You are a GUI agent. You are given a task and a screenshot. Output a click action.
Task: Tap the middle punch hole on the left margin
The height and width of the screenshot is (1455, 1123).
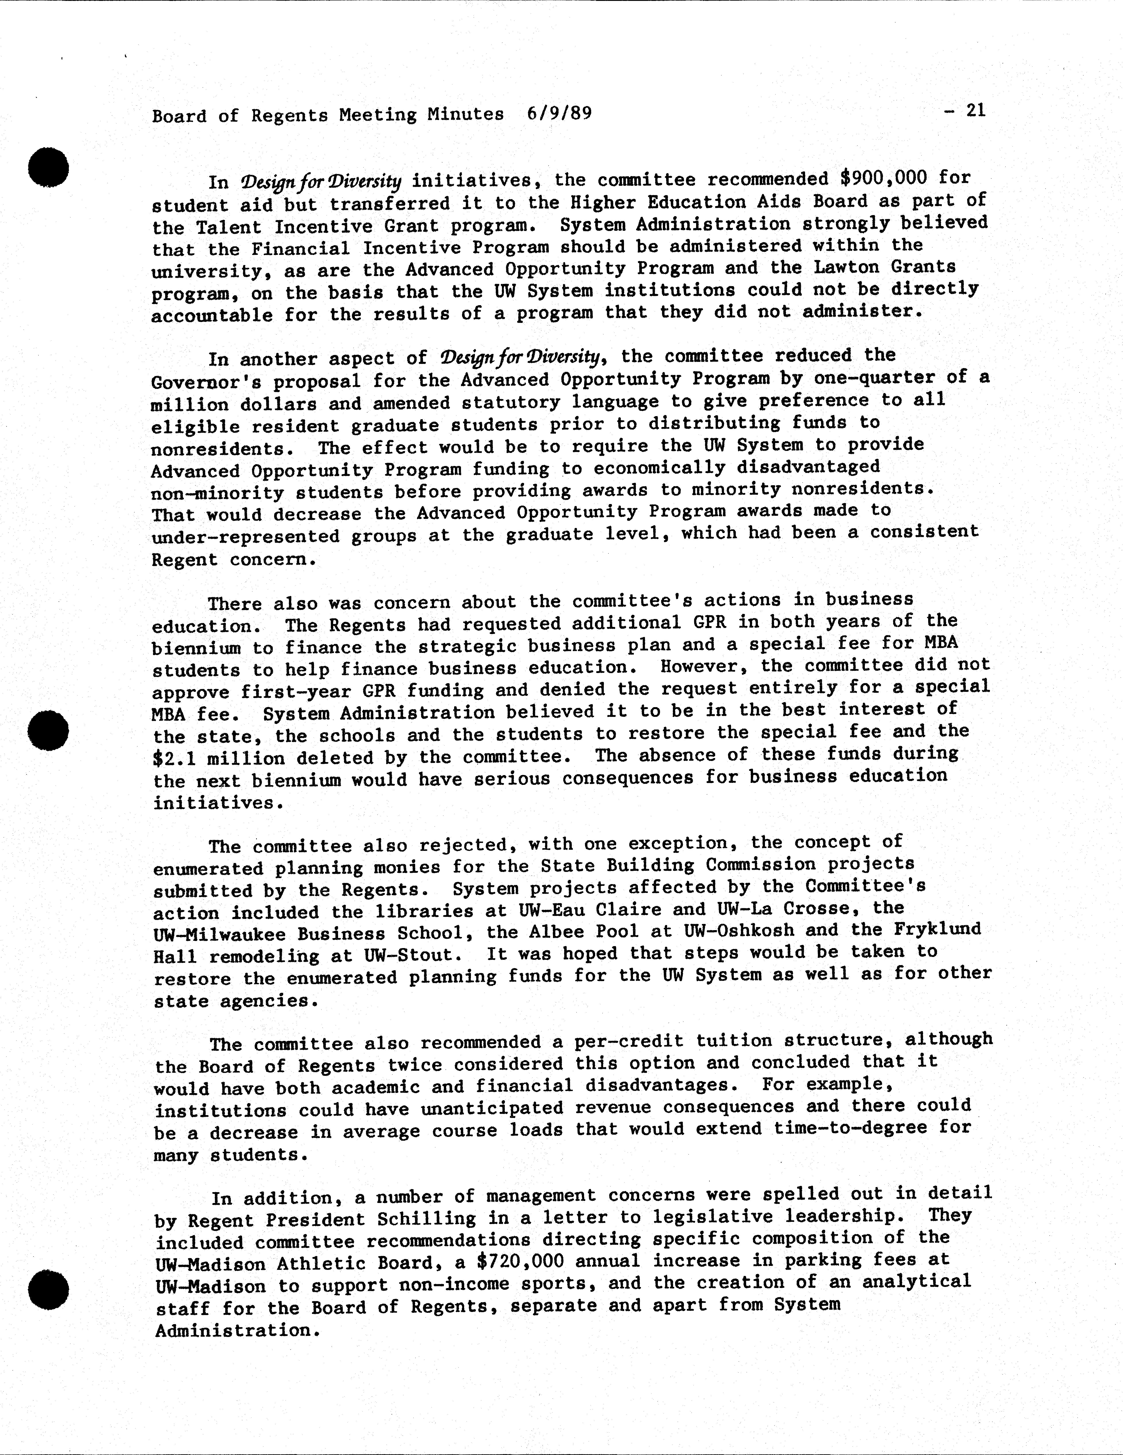tap(49, 730)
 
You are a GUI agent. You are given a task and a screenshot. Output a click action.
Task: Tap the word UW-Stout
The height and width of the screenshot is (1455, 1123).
tap(413, 955)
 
